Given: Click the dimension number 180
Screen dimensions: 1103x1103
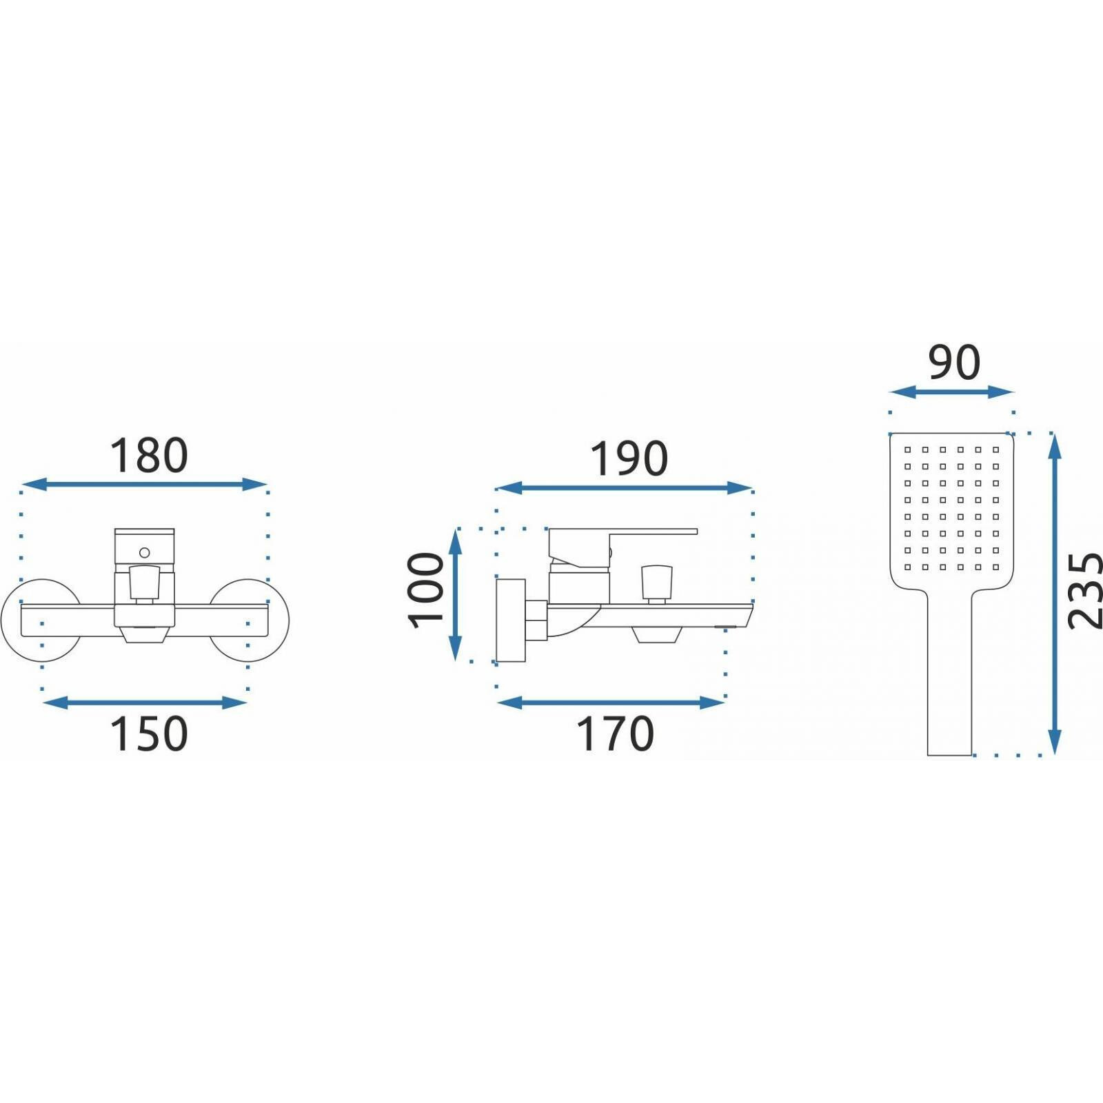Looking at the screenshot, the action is click(149, 456).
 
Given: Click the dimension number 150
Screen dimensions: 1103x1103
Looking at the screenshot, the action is click(149, 733).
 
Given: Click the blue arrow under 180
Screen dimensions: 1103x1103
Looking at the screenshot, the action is click(144, 485).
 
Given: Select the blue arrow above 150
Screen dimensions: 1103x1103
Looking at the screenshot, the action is click(145, 702).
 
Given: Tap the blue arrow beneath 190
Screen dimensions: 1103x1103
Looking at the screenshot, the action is click(625, 488).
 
